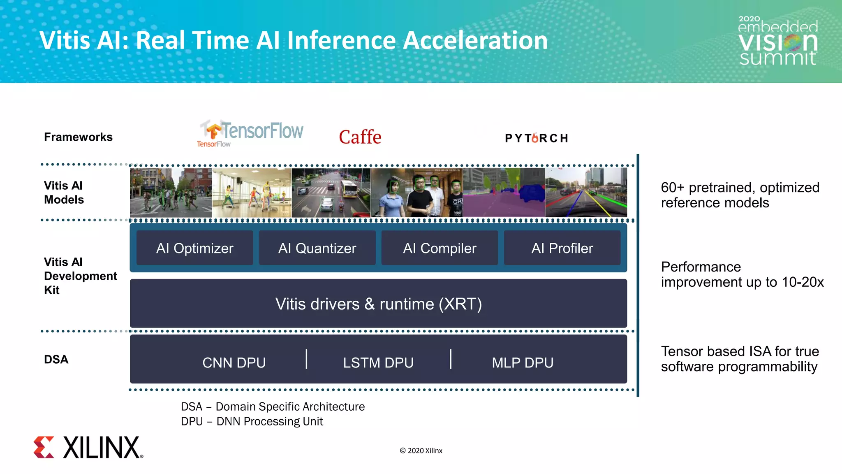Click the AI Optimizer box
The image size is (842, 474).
coord(194,248)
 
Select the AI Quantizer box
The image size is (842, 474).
coord(317,248)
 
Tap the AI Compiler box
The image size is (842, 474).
coord(440,248)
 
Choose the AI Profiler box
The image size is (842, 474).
coord(562,248)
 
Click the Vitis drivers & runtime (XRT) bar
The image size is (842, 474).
coord(378,304)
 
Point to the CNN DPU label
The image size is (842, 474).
coord(234,362)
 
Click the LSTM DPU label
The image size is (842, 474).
coord(378,362)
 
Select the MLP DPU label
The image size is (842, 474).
coord(523,362)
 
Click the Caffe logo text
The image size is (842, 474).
coord(360,137)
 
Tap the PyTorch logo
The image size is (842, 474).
coord(537,138)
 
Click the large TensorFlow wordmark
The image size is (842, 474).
coord(262,130)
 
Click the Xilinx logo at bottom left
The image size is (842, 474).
coord(88,447)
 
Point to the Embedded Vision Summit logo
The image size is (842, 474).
coord(778,41)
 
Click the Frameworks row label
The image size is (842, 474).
coord(78,137)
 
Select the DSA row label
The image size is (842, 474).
coord(56,359)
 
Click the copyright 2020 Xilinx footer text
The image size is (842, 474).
coord(421,451)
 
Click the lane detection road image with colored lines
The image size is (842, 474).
coord(586,193)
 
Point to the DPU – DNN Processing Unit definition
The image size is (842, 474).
coord(252,421)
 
